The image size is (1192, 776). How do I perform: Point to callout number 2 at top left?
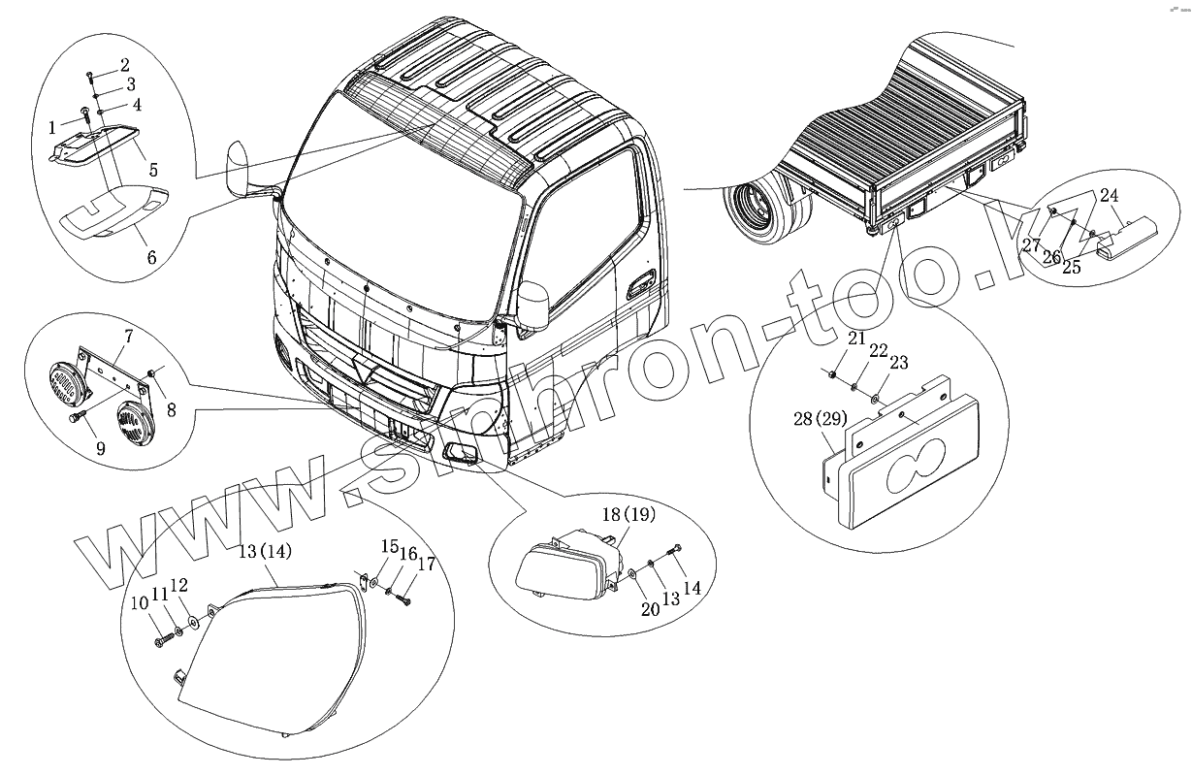[124, 65]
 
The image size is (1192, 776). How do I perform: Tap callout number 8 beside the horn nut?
[171, 410]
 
